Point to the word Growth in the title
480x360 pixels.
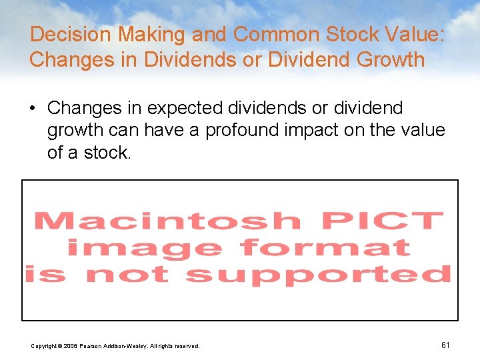pyautogui.click(x=391, y=59)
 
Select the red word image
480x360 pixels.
pyautogui.click(x=144, y=248)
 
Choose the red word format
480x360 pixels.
pyautogui.click(x=325, y=248)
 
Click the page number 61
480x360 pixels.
pyautogui.click(x=445, y=345)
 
